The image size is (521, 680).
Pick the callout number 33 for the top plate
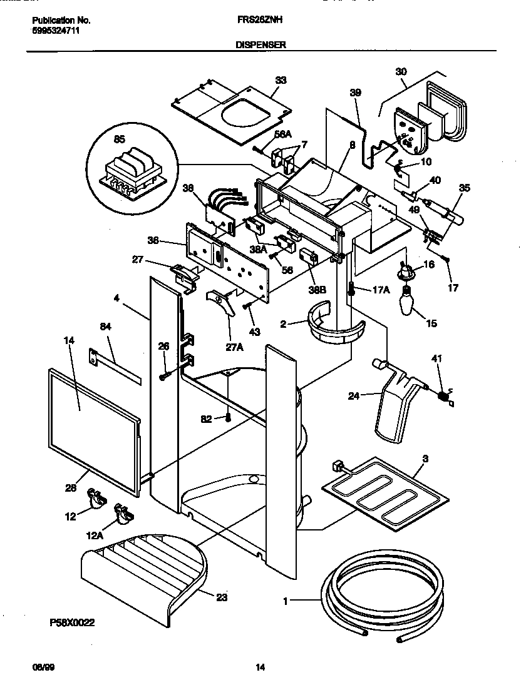[x=281, y=80]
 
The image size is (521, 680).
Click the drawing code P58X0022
[x=71, y=623]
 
